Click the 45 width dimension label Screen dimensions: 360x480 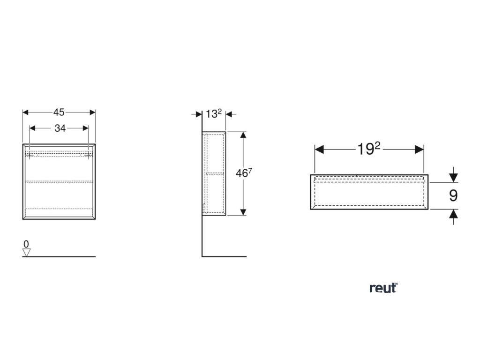tap(59, 112)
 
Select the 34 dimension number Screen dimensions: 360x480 tap(60, 128)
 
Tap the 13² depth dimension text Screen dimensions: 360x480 tap(214, 113)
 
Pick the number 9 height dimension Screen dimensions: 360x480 tap(453, 195)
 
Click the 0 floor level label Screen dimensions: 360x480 tap(26, 244)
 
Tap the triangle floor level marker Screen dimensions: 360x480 tap(27, 252)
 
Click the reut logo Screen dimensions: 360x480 tap(383, 288)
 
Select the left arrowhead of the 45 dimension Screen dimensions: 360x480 tap(26, 112)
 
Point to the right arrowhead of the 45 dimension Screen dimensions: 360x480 tap(92, 112)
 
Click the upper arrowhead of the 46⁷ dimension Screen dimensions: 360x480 tap(243, 135)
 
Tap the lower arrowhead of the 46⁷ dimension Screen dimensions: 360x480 tap(243, 211)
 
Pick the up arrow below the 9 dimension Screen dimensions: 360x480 tap(453, 214)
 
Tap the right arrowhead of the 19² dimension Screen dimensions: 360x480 tap(420, 150)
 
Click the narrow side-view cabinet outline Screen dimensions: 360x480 tap(214, 173)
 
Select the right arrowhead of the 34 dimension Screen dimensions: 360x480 tap(85, 128)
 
